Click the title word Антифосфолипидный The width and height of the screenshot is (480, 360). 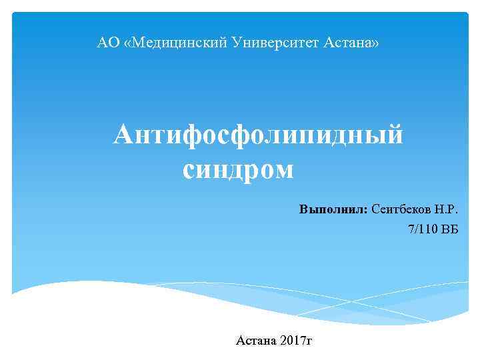tap(258, 136)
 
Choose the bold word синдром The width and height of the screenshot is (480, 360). tap(237, 170)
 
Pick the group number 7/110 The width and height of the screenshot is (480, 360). tap(422, 229)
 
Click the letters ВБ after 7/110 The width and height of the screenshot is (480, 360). tap(450, 229)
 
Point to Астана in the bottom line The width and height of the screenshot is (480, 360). tap(256, 341)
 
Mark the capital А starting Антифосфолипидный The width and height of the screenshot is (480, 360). tap(124, 136)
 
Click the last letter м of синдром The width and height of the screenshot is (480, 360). tap(283, 170)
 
